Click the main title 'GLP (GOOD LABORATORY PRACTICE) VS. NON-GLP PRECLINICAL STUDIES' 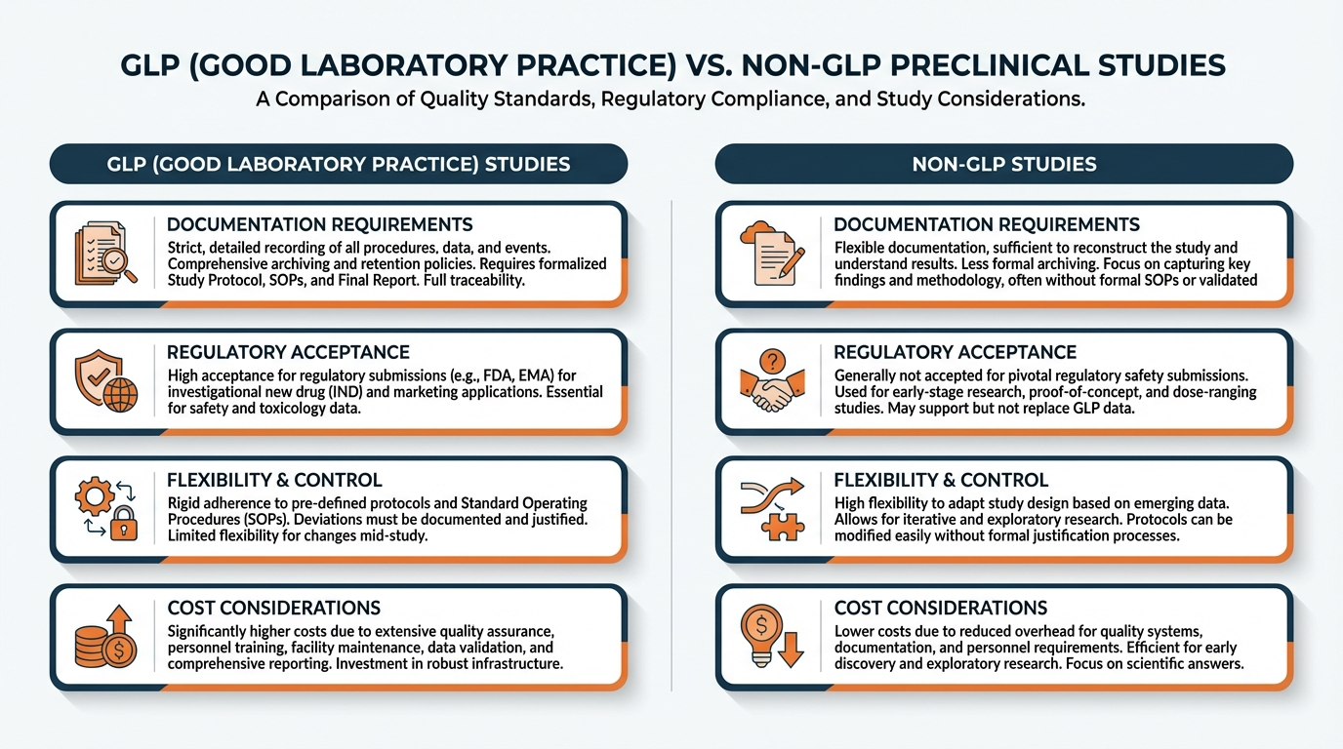671,65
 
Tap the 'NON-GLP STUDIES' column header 1003,164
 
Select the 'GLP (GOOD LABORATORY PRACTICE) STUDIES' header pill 338,164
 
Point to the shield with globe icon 105,381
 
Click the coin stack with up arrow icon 105,637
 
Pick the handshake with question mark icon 773,381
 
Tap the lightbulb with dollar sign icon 773,637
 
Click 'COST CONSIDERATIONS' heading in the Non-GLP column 940,608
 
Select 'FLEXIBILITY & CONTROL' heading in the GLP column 274,480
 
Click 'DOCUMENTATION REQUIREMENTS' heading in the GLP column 320,224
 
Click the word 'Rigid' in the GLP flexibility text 184,503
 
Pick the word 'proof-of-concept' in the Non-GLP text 1073,391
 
